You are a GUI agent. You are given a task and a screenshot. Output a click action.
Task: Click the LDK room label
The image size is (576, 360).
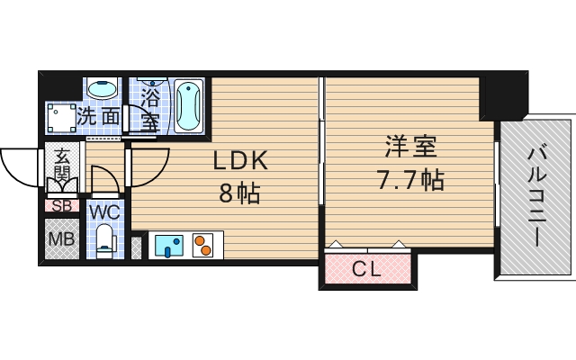tap(240, 160)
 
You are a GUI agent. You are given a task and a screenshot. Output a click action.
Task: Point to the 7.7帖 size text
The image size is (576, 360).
tap(409, 179)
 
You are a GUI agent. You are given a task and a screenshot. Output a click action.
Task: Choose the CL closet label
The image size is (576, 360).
tap(365, 268)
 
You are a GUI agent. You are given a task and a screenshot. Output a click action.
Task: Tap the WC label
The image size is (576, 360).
tap(105, 212)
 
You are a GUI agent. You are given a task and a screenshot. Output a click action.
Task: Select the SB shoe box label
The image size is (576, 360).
tap(61, 205)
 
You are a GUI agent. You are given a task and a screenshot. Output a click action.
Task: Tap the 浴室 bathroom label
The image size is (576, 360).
tap(149, 105)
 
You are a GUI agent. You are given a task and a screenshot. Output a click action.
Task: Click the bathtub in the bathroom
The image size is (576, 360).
tap(188, 106)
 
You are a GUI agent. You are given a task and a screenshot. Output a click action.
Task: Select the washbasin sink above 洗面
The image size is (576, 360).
tap(103, 91)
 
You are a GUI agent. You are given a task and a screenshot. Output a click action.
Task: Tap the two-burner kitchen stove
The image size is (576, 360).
tap(204, 245)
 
